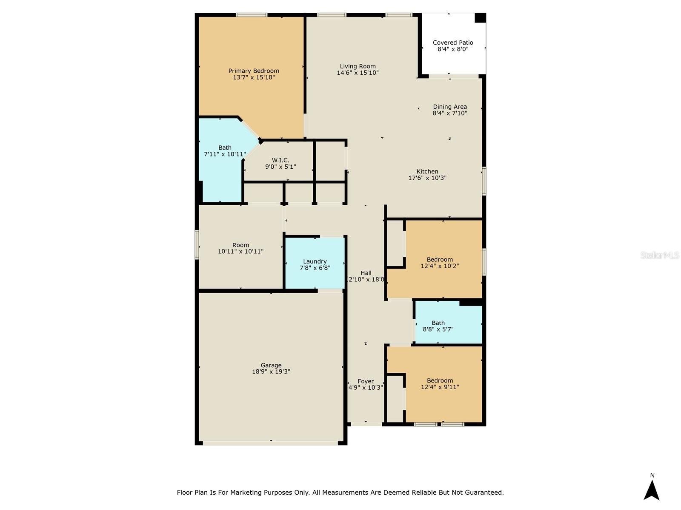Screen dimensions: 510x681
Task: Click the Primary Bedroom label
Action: (x=254, y=71)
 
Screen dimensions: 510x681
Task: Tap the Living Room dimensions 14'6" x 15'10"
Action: (x=358, y=73)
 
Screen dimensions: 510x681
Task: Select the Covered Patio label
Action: (x=453, y=42)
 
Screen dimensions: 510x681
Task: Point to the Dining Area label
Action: (x=450, y=107)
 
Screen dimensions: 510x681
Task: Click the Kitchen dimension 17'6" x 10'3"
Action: (x=427, y=178)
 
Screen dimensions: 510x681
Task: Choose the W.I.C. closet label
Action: (x=280, y=160)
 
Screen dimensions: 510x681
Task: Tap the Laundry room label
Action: (x=315, y=261)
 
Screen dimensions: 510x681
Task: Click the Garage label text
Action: (x=271, y=365)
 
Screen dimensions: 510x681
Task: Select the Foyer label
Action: (x=366, y=381)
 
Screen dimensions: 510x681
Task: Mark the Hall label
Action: (x=366, y=273)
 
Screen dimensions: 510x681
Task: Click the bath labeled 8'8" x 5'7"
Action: (x=438, y=326)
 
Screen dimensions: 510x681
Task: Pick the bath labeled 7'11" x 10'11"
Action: (x=225, y=151)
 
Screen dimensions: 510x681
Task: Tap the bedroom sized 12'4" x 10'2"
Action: (x=440, y=263)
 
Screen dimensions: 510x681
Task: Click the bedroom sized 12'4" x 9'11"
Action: (x=440, y=384)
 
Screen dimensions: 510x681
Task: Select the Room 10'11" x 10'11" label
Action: (x=240, y=248)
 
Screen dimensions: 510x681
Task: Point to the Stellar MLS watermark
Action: (x=660, y=255)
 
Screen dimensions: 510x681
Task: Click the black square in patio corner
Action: (x=480, y=18)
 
